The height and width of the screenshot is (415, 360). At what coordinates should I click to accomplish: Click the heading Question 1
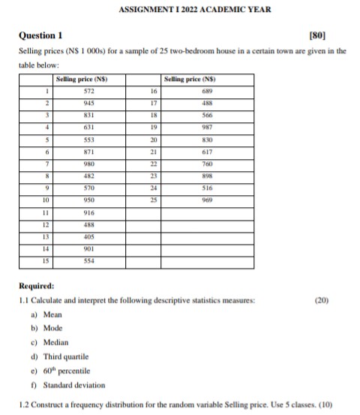click(40, 35)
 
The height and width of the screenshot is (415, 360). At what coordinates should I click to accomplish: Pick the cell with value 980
click(89, 165)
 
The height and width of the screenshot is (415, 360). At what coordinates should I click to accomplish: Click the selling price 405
click(89, 239)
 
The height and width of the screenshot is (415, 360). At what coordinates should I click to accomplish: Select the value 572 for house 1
click(89, 91)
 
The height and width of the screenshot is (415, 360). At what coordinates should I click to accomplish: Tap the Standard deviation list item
click(73, 385)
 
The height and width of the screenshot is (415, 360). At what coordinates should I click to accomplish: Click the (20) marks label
click(323, 300)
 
